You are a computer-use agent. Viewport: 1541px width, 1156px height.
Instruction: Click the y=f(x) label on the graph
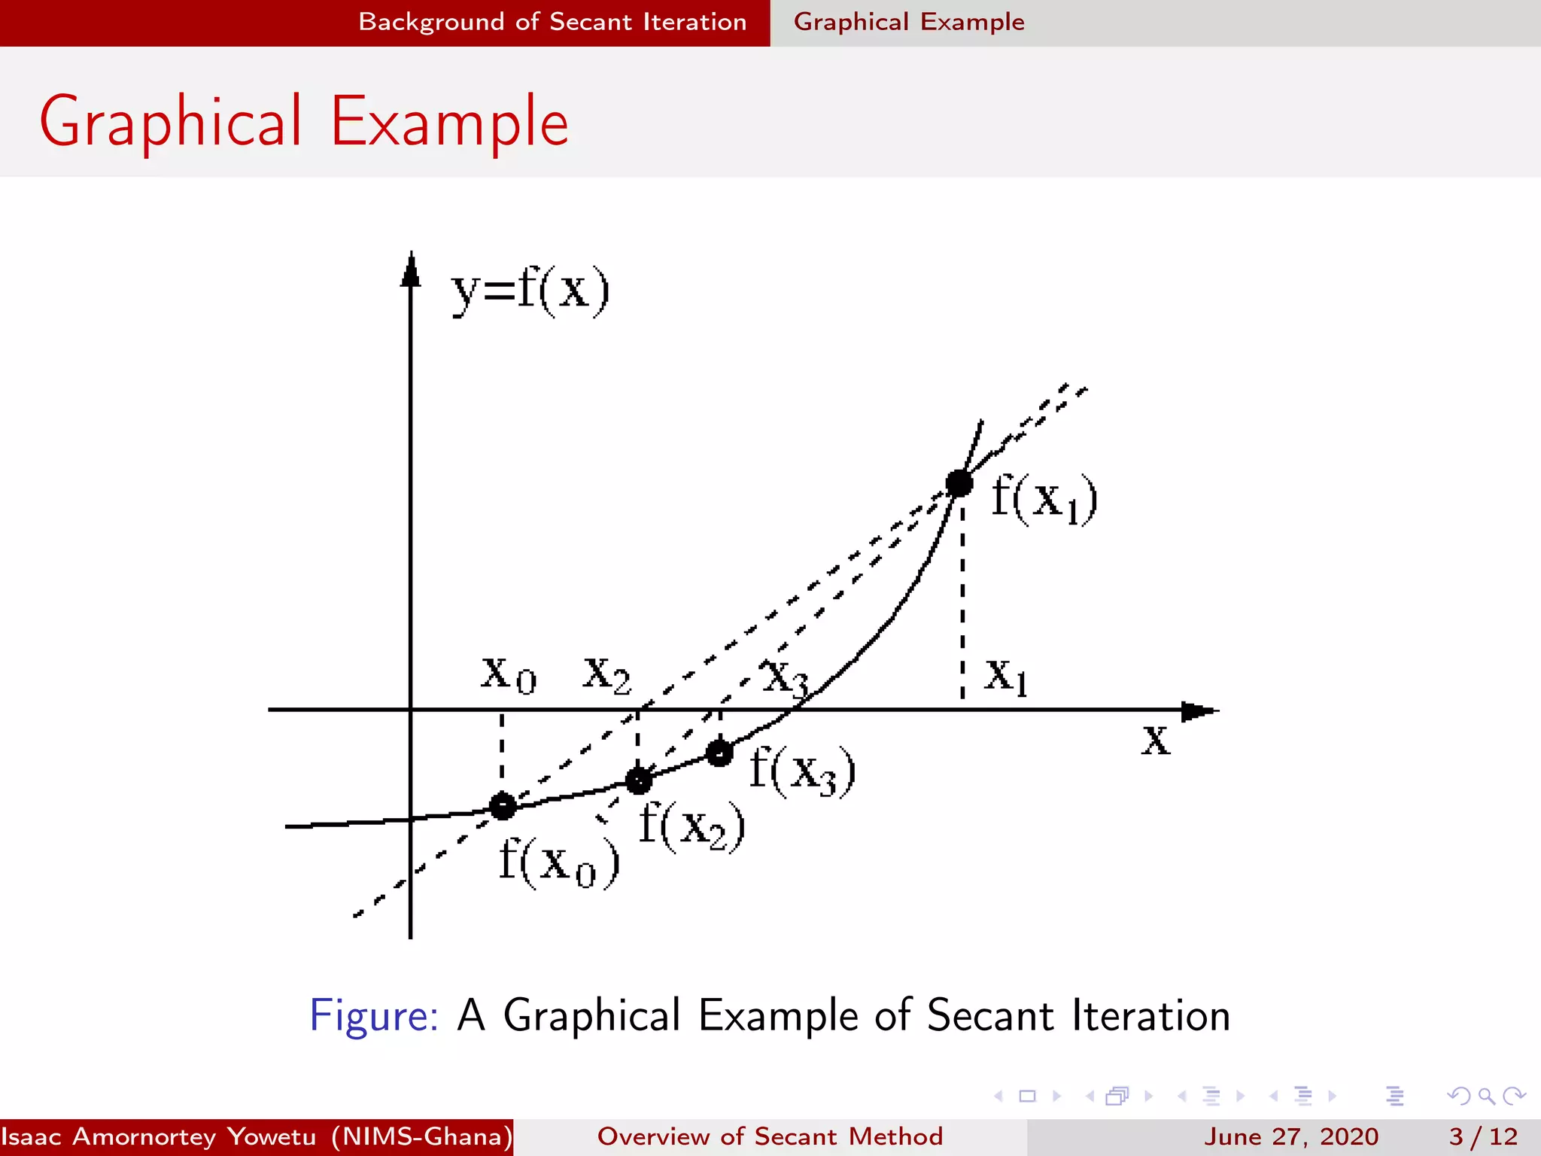pyautogui.click(x=530, y=291)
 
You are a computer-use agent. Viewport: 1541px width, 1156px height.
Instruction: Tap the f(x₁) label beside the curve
pyautogui.click(x=1044, y=498)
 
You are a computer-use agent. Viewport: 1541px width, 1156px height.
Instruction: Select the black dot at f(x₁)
pyautogui.click(x=959, y=483)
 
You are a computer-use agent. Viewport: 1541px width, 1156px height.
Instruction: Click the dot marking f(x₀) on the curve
pyautogui.click(x=503, y=806)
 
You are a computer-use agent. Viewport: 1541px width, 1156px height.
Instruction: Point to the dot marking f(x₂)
pyautogui.click(x=638, y=781)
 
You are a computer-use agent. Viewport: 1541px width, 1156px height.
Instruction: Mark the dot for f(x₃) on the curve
pyautogui.click(x=719, y=753)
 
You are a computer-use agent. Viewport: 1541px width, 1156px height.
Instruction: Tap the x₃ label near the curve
pyautogui.click(x=785, y=677)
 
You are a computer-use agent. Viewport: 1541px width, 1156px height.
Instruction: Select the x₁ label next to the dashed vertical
pyautogui.click(x=1006, y=676)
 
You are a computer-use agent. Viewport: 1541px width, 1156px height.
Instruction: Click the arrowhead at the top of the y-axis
pyautogui.click(x=410, y=269)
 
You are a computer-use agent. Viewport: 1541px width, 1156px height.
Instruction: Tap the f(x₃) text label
pyautogui.click(x=803, y=771)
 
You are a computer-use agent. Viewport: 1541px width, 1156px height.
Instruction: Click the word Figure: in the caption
pyautogui.click(x=373, y=1015)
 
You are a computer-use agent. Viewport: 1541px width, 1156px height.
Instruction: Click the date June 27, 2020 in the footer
pyautogui.click(x=1291, y=1136)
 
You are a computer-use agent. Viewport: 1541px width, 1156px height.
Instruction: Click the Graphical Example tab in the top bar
pyautogui.click(x=909, y=22)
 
